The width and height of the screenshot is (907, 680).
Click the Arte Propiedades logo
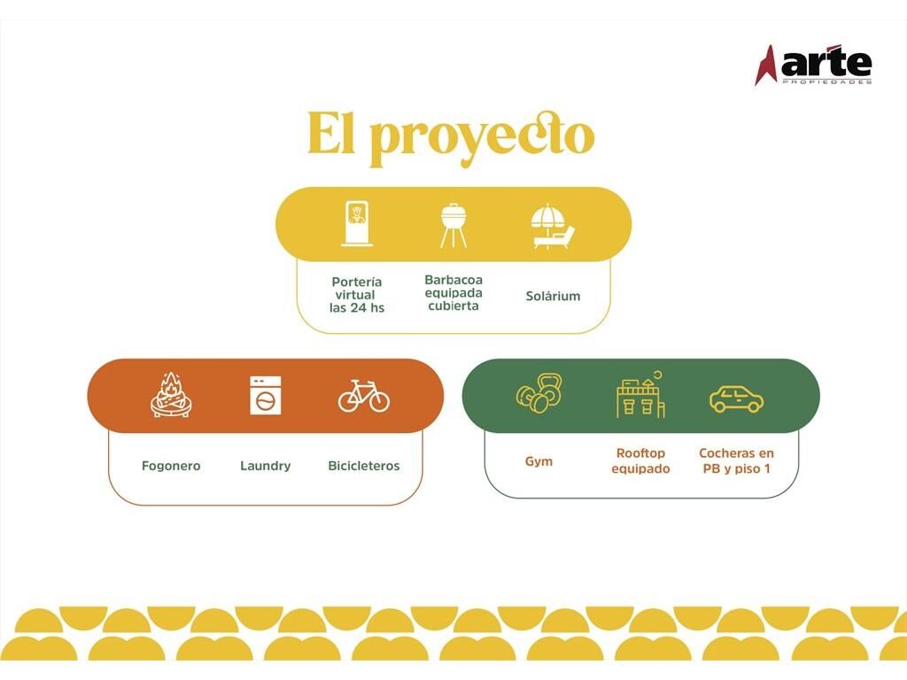[x=813, y=65]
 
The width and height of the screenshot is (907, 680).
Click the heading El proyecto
[x=451, y=137]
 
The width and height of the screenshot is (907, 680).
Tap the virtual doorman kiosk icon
[x=357, y=224]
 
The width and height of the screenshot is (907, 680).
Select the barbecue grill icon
[x=453, y=225]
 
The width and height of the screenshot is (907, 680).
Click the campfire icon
[x=171, y=395]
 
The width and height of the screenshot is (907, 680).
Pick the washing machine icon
[x=266, y=396]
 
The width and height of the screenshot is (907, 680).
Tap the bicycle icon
[x=364, y=396]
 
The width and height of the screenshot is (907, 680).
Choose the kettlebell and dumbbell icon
[x=539, y=393]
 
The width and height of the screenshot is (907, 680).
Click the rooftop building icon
[x=640, y=394]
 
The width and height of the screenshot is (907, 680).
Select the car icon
[x=736, y=398]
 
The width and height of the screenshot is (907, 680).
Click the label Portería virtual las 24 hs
[x=357, y=295]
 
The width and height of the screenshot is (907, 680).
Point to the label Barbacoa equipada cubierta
[x=453, y=292]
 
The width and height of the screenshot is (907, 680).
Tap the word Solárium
[x=553, y=296]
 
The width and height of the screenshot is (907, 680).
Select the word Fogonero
[x=171, y=466]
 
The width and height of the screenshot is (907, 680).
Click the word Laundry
[x=266, y=466]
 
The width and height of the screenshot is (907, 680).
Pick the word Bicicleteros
[x=364, y=466]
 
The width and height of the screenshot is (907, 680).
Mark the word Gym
[x=539, y=461]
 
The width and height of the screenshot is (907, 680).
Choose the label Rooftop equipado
[x=641, y=460]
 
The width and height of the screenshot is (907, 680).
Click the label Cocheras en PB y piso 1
[x=736, y=460]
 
